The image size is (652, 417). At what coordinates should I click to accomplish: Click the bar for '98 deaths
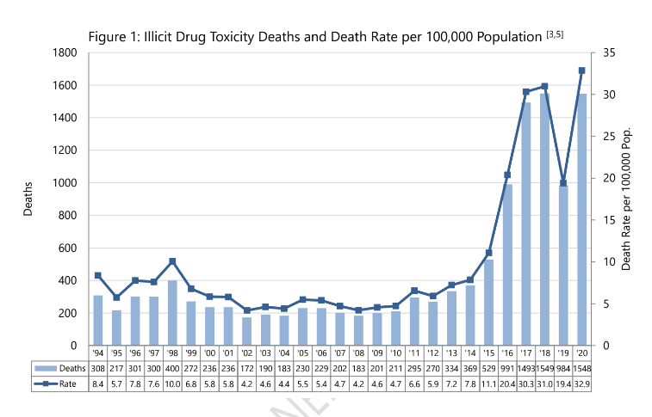(172, 313)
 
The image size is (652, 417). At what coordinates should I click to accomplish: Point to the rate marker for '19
(562, 183)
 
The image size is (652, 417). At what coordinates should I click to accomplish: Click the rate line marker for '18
(544, 86)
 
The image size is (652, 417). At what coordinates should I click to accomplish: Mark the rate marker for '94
(98, 275)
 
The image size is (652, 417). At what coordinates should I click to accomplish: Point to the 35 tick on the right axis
(608, 52)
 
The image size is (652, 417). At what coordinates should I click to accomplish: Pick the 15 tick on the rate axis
(608, 220)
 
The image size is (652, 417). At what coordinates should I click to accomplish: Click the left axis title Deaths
(28, 199)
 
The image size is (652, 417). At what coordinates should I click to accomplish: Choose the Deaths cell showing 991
(506, 367)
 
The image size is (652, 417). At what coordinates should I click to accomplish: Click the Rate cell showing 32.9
(581, 384)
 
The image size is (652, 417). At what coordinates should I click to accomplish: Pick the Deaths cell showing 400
(172, 367)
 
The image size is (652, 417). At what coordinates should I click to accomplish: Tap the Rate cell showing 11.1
(488, 384)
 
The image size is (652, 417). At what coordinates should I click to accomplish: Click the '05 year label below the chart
(302, 353)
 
